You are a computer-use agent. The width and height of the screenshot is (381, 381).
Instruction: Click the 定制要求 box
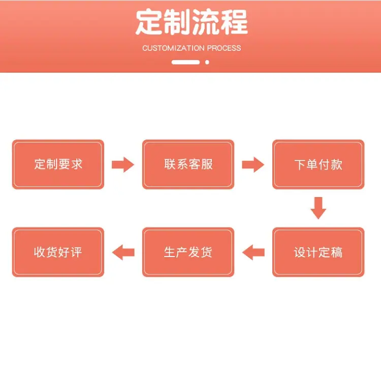tap(58, 164)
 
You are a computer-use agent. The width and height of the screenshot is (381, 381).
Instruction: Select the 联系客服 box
tap(188, 164)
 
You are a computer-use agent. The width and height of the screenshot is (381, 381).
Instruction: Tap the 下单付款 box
tap(319, 164)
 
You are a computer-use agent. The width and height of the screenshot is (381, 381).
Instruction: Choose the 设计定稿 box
tap(319, 252)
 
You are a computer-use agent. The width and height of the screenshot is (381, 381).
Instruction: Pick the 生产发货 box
tap(188, 252)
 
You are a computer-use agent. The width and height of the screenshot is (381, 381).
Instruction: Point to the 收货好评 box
tap(58, 252)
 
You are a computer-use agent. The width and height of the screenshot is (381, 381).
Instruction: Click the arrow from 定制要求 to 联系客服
tap(123, 165)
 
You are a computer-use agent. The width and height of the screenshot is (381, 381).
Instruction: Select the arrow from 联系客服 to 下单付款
tap(253, 165)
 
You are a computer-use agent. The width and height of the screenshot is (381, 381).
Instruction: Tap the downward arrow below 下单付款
tap(319, 208)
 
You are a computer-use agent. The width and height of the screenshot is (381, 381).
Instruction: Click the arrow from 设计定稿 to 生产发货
tap(253, 252)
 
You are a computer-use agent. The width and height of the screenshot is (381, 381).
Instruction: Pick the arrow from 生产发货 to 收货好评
tap(123, 252)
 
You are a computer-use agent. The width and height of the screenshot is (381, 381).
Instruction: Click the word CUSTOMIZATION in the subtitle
tap(173, 48)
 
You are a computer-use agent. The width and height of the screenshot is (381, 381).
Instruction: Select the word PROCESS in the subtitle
tap(224, 48)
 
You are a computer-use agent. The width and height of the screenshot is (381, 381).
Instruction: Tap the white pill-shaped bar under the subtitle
tap(185, 62)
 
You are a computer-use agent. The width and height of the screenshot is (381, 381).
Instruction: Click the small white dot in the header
tap(207, 62)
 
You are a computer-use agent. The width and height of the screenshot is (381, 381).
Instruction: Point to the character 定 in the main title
tap(148, 22)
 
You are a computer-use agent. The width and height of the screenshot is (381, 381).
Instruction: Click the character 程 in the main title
tap(235, 22)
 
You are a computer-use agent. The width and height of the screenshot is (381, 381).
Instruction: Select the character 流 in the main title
tap(206, 22)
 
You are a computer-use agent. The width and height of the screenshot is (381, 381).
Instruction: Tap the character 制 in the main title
tap(176, 22)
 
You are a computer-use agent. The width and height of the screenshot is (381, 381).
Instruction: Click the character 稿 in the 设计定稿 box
tap(336, 252)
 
